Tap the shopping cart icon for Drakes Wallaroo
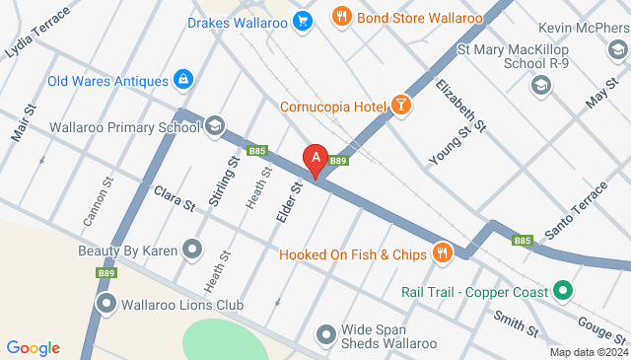coord(302,19)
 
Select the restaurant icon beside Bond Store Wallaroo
coord(341,16)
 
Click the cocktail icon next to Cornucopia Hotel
coord(400,105)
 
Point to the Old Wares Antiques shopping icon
coord(182,78)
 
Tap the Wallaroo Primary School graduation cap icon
coord(215,125)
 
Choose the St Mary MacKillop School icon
coord(539,86)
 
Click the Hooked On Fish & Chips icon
coord(442,252)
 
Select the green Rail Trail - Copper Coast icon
coord(562,291)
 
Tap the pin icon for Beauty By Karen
coord(192,250)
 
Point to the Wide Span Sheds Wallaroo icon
coord(326,335)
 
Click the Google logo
coord(33,347)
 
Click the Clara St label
coord(175,196)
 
